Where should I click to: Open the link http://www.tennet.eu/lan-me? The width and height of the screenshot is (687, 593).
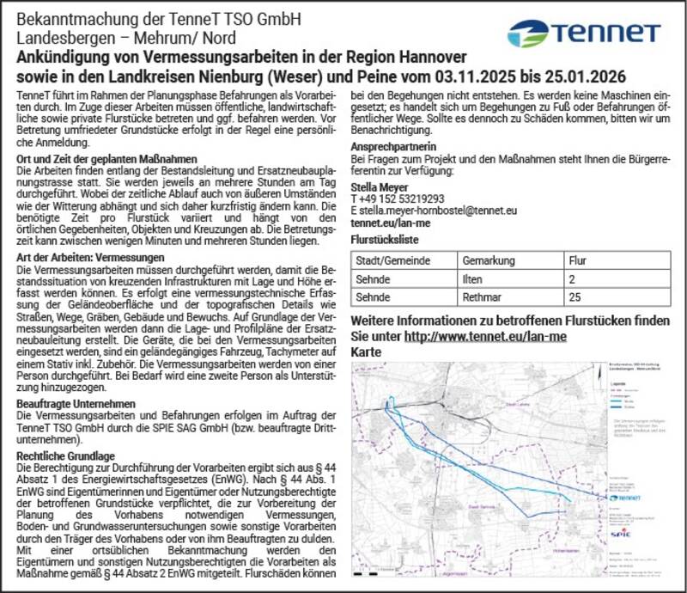coord(484,336)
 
